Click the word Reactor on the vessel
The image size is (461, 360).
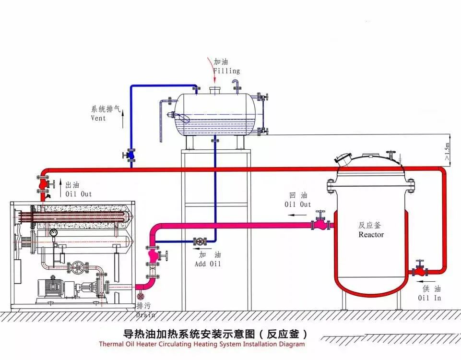pos(371,235)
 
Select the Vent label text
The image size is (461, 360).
pos(98,118)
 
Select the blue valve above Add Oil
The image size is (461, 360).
pos(200,241)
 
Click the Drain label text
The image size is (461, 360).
pos(145,314)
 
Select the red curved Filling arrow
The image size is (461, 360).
pos(211,67)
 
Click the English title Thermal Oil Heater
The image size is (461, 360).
pos(201,344)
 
